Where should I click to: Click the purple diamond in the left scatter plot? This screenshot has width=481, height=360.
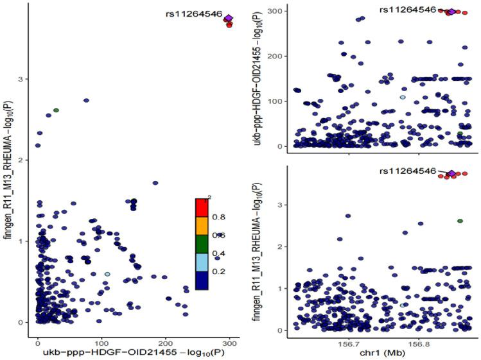[229, 18]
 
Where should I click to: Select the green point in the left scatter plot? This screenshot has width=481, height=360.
[56, 110]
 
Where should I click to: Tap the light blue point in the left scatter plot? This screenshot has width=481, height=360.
[107, 274]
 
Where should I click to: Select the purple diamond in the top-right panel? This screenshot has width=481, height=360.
[451, 12]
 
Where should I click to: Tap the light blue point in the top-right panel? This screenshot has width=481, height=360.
[403, 98]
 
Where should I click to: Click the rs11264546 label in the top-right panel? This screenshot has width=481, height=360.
[408, 10]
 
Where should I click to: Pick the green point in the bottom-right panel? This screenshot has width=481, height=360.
[460, 221]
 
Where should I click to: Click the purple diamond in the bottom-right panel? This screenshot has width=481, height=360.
[451, 174]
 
